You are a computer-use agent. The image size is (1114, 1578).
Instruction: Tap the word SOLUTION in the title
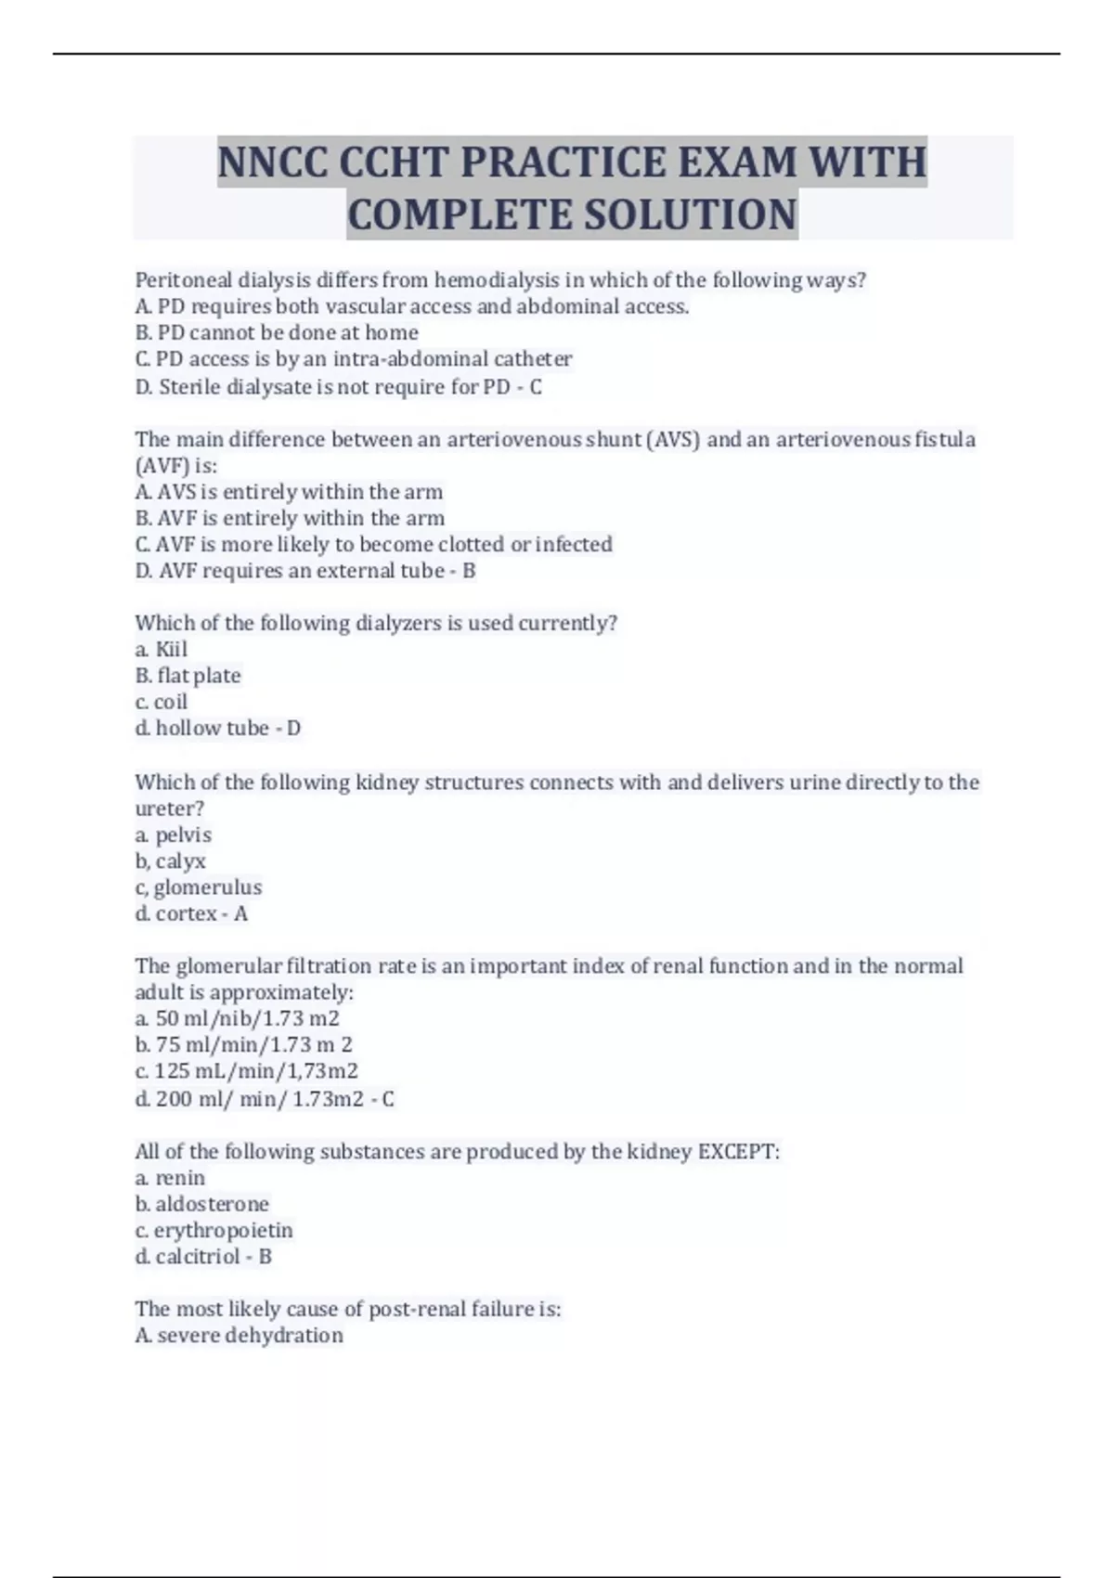pos(689,214)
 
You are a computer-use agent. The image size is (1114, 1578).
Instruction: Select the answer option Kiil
pos(171,649)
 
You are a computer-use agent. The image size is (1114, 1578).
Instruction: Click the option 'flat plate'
pos(199,676)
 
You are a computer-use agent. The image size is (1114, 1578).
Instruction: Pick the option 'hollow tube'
pos(212,729)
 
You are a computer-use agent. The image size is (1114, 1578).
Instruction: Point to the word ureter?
pos(170,808)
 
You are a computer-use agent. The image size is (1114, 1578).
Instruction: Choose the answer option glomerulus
pos(208,887)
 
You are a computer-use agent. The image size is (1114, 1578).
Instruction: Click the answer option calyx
pos(181,861)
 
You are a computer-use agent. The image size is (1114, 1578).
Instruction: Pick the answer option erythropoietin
pos(224,1231)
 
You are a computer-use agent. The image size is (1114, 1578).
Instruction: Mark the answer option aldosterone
pos(212,1204)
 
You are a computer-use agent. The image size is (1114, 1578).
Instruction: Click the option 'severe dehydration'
pos(250,1336)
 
